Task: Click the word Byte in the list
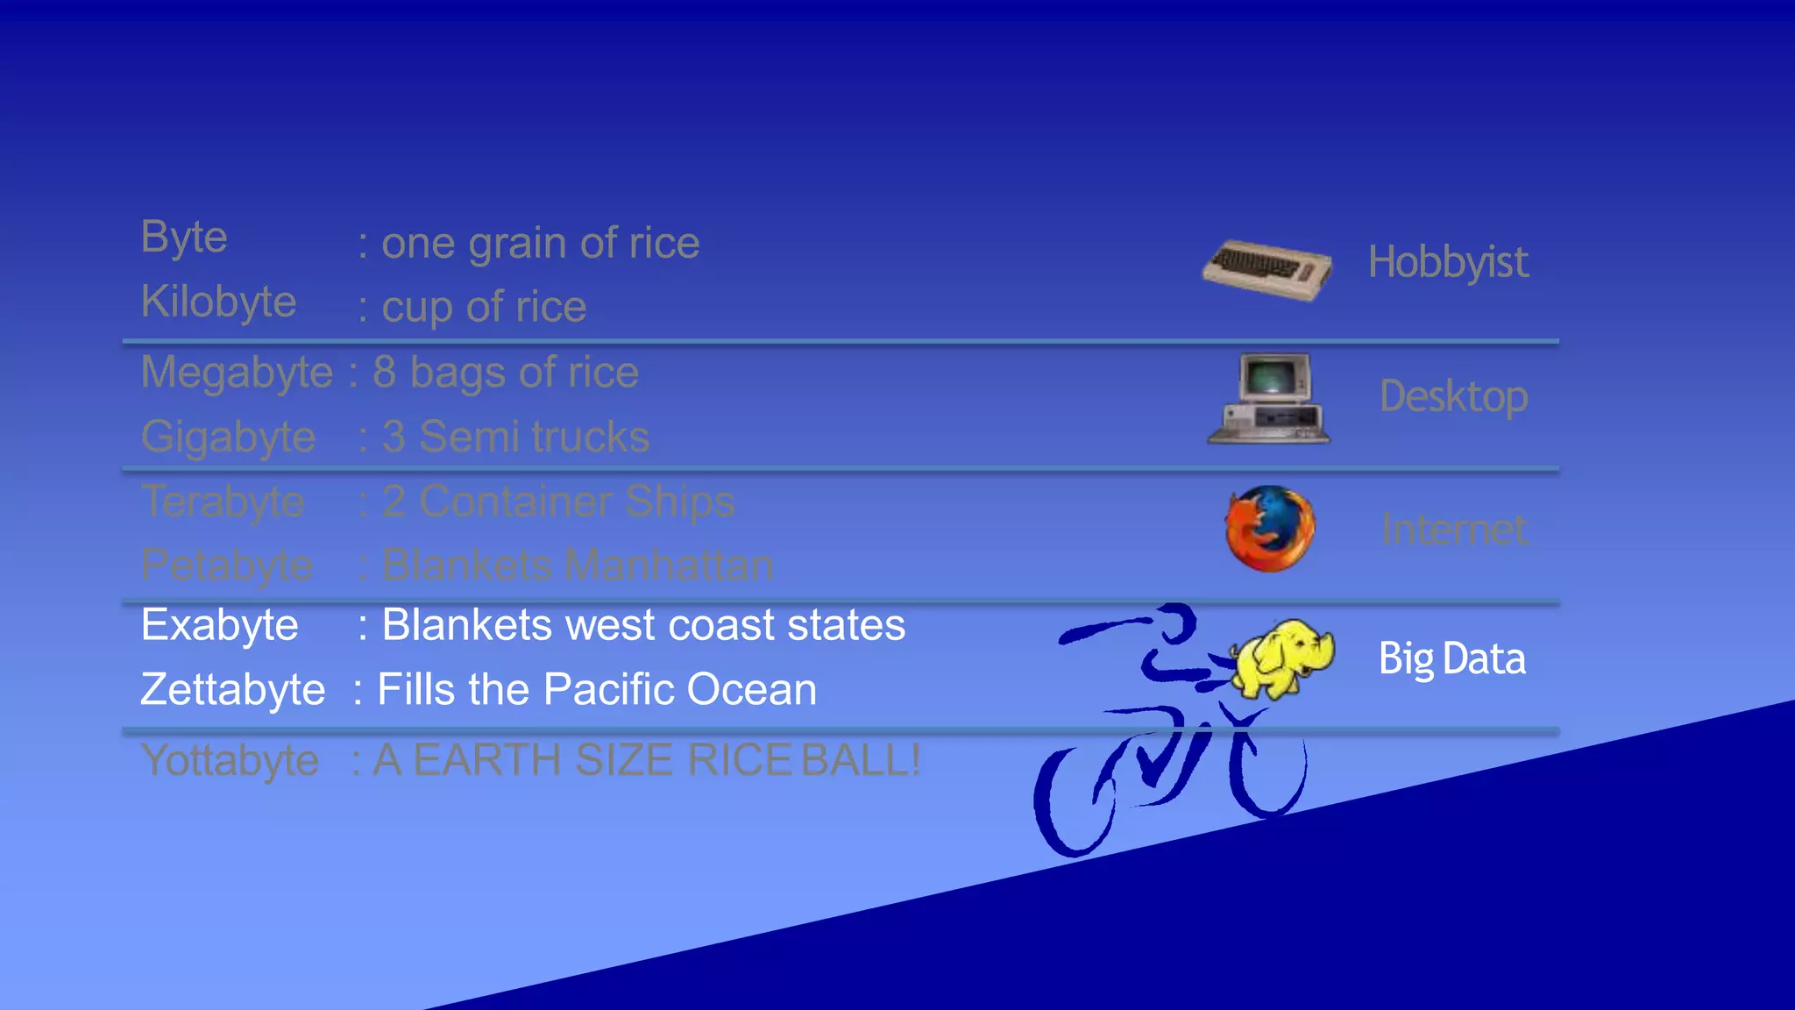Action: pyautogui.click(x=184, y=238)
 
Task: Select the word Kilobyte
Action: pyautogui.click(x=218, y=302)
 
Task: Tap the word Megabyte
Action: pyautogui.click(x=237, y=373)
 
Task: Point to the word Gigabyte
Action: pyautogui.click(x=228, y=437)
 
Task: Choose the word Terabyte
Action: pyautogui.click(x=223, y=501)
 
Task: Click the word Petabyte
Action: pyautogui.click(x=226, y=565)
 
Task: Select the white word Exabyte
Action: pyautogui.click(x=219, y=625)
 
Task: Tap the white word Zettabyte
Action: pyautogui.click(x=232, y=689)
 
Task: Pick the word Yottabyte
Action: pyautogui.click(x=230, y=760)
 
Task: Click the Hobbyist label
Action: pyautogui.click(x=1448, y=262)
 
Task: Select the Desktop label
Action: pyautogui.click(x=1453, y=396)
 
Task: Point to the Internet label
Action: pyautogui.click(x=1454, y=530)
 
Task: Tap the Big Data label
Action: pyautogui.click(x=1451, y=658)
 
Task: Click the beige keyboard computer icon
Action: pyautogui.click(x=1267, y=269)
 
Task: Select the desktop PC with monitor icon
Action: pyautogui.click(x=1269, y=398)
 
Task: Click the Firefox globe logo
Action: pyautogui.click(x=1270, y=529)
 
